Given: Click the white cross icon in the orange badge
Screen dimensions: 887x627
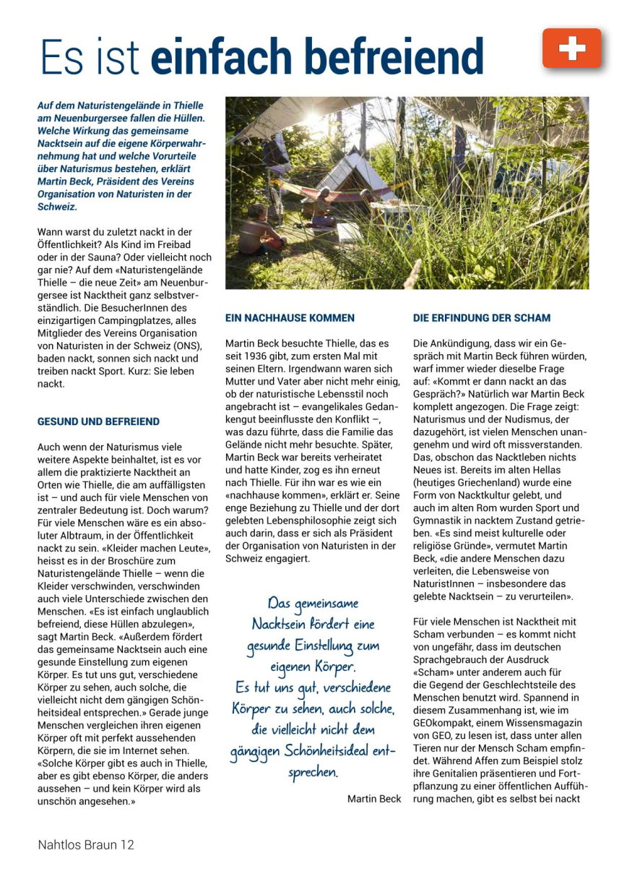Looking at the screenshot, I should (x=571, y=48).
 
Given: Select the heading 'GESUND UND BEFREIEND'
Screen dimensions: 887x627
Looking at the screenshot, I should (x=99, y=421).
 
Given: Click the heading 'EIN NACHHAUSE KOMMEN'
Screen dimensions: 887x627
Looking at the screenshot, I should (x=290, y=317).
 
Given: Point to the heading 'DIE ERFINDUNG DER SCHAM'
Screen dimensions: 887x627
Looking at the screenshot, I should (x=482, y=317).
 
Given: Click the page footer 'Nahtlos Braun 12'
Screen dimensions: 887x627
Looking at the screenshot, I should (x=86, y=844).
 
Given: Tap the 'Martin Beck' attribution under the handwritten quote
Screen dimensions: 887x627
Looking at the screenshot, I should (x=373, y=799).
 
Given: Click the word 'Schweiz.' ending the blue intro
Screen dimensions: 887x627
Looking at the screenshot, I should (x=56, y=207).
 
